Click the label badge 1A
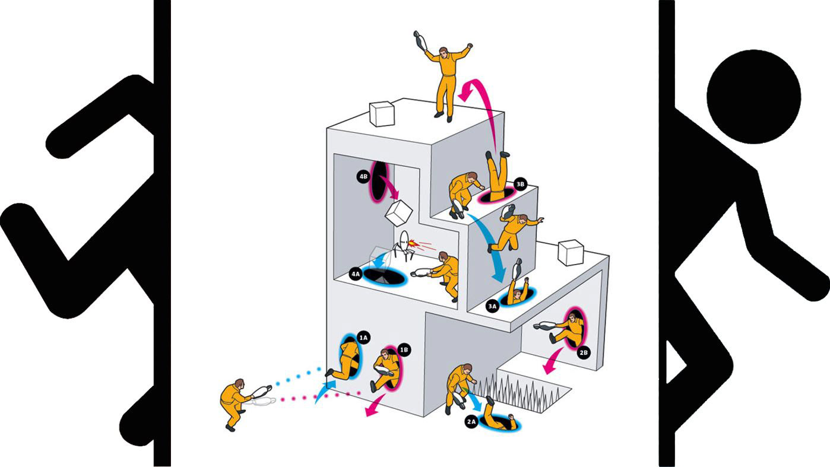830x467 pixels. click(x=364, y=338)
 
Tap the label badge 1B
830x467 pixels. click(x=404, y=350)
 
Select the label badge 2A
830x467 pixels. click(x=471, y=422)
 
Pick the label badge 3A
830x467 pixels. click(x=492, y=306)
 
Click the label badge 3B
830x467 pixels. click(x=520, y=184)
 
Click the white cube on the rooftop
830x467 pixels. click(x=382, y=113)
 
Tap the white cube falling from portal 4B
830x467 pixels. click(x=399, y=212)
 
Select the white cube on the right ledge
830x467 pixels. click(x=571, y=252)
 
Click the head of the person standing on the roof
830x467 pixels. click(x=443, y=52)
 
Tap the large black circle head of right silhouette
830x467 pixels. click(x=753, y=97)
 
